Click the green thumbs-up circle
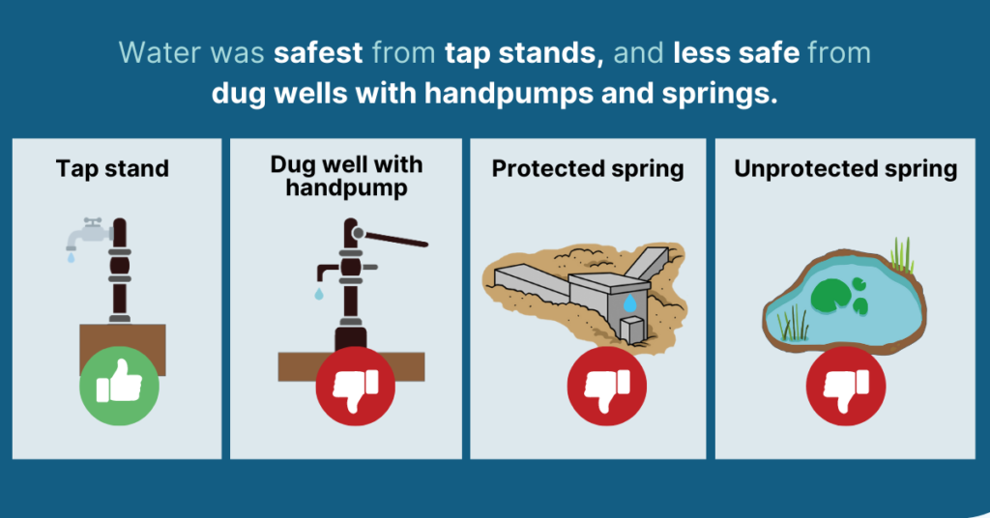(x=119, y=386)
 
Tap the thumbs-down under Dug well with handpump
(x=356, y=386)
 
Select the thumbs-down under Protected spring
(x=607, y=386)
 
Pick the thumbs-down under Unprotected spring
(x=846, y=386)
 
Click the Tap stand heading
(x=112, y=168)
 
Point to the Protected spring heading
(x=588, y=168)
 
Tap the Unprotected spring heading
(x=845, y=168)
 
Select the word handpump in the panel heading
(x=347, y=188)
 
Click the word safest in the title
(x=318, y=52)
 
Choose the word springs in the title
(x=719, y=94)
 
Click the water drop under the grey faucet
(x=71, y=257)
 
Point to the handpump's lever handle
(x=391, y=238)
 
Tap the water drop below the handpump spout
(x=319, y=294)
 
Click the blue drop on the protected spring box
(x=630, y=303)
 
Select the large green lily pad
(x=829, y=296)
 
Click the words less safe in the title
(x=737, y=52)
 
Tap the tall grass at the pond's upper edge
(x=903, y=255)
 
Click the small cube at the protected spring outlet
(x=632, y=330)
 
